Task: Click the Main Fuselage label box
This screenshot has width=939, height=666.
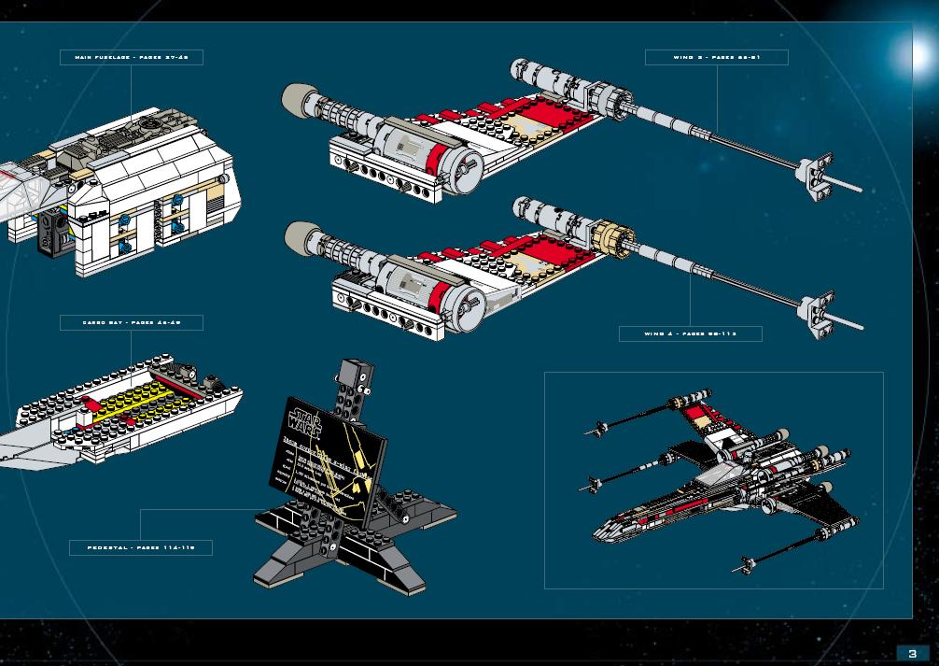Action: (x=132, y=58)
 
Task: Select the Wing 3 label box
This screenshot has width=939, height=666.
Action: (x=716, y=58)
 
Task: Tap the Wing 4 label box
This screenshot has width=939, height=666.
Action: (x=690, y=333)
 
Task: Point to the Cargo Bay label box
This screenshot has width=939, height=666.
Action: (x=131, y=322)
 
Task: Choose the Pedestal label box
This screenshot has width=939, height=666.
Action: (x=141, y=547)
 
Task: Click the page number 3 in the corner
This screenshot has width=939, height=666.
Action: (x=913, y=652)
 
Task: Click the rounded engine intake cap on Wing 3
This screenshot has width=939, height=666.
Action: (x=298, y=97)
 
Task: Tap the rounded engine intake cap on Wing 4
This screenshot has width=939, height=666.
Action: (x=300, y=235)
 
